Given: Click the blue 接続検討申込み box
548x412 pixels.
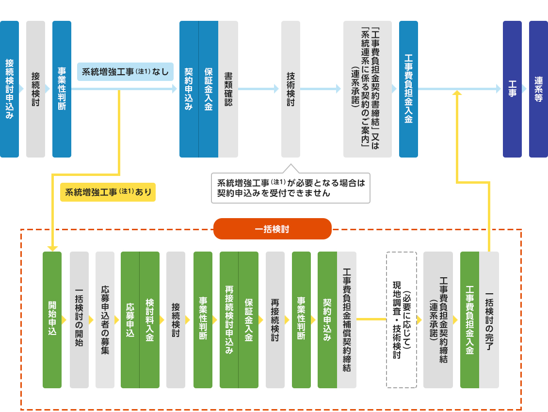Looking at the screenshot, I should click(9, 89).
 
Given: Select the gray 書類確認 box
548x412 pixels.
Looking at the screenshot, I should click(228, 89).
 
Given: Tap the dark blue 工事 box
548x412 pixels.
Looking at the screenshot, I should click(512, 89).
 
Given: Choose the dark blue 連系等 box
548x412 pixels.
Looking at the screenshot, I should click(538, 89).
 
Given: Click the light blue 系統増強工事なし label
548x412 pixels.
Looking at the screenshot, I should click(125, 71).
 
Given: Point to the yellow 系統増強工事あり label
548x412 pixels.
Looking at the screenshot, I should click(108, 192).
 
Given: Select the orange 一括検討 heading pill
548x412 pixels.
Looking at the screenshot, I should click(272, 229).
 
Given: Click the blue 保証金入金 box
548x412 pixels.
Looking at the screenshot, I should click(209, 89).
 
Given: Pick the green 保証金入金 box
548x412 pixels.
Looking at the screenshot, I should click(248, 320).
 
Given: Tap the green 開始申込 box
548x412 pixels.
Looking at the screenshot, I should click(52, 320).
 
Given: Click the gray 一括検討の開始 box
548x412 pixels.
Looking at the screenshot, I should click(79, 320).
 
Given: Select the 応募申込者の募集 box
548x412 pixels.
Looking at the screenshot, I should click(105, 320).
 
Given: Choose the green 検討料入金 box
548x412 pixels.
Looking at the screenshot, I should click(149, 320).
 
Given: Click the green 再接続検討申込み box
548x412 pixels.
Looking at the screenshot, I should click(229, 320).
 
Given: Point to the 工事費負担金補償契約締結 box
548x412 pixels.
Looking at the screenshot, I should click(347, 320).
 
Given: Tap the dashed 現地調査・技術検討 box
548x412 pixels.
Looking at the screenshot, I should click(401, 320).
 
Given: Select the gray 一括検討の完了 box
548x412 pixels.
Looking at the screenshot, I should click(489, 320).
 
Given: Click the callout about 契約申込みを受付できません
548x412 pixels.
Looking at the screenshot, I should click(290, 188).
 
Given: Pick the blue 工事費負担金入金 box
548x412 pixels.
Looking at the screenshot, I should click(408, 89).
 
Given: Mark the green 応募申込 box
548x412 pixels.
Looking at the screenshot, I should click(130, 320).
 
